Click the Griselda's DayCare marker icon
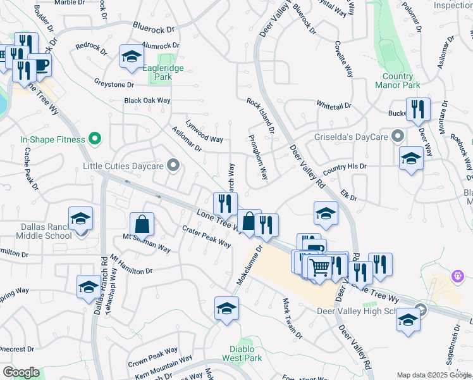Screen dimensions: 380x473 tap(398, 136)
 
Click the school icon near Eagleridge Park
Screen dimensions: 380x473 tap(132, 57)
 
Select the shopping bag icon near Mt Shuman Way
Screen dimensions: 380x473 tap(142, 223)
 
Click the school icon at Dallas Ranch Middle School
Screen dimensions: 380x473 tap(80, 218)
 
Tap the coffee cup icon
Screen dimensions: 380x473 tap(40, 65)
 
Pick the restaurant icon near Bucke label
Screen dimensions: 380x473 tap(418, 109)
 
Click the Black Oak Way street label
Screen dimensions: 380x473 tap(147, 101)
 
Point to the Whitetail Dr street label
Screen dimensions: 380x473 tap(333, 105)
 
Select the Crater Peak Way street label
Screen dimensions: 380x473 tap(206, 237)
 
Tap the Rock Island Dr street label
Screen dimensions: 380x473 tap(260, 116)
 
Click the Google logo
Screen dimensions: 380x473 tap(21, 372)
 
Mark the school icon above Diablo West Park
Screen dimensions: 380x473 tap(226, 308)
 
